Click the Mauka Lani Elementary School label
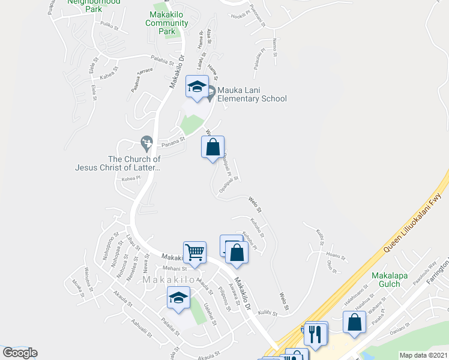[x=252, y=94]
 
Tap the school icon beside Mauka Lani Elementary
[x=197, y=88]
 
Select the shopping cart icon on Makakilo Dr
[x=194, y=253]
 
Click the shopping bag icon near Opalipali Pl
[x=212, y=148]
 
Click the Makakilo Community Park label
[x=167, y=23]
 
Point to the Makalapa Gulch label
[x=390, y=280]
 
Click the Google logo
[x=20, y=353]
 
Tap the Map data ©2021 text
[x=424, y=355]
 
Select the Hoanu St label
[x=336, y=257]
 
